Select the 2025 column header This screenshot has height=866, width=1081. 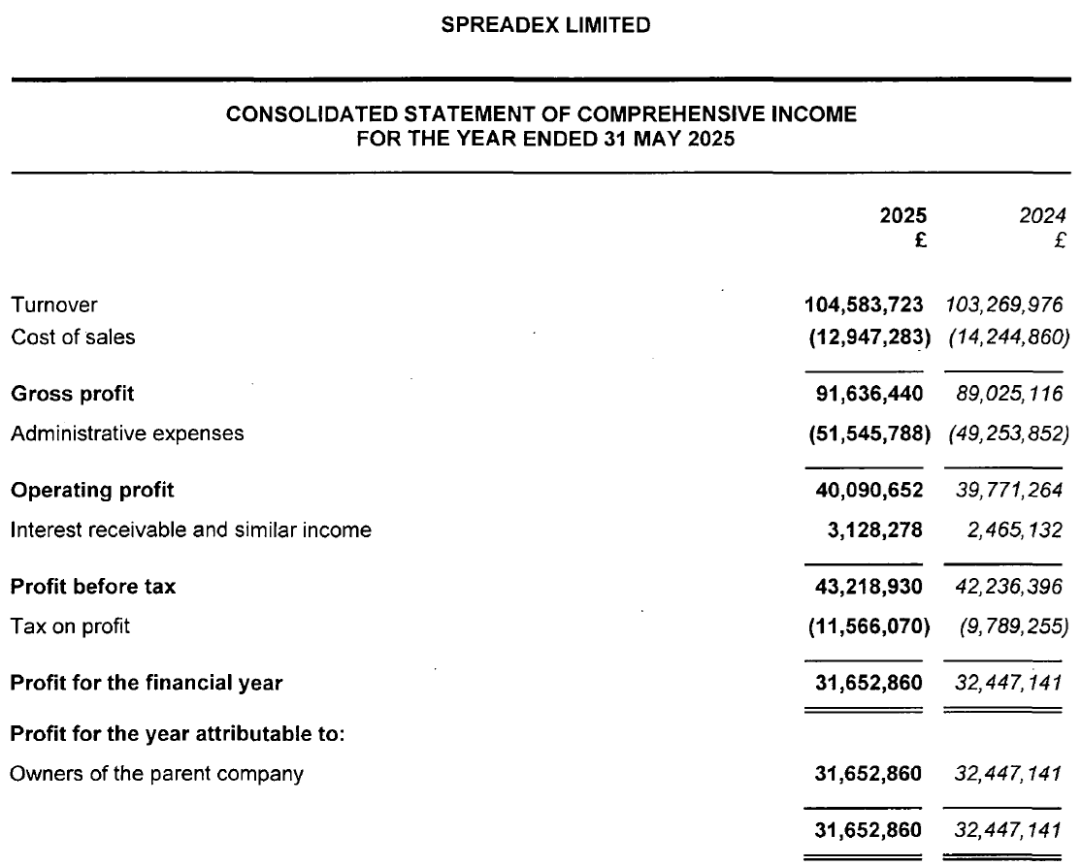tap(902, 215)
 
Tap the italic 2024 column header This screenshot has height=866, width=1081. tap(1047, 215)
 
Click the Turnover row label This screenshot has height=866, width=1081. tap(54, 305)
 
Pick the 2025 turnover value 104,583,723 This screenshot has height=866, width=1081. tap(864, 305)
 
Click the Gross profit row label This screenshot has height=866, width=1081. tap(73, 394)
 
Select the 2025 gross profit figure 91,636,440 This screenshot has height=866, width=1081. tap(870, 394)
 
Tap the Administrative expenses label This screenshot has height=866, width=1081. tap(127, 433)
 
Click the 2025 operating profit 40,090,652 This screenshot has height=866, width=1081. tap(870, 491)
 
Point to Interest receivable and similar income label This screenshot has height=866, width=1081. tap(191, 530)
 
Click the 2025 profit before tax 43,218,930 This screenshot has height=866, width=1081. tap(870, 587)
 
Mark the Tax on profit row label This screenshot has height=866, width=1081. tap(70, 626)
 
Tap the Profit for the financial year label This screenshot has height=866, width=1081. tap(147, 683)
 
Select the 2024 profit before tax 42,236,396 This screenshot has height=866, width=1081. tap(1009, 587)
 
